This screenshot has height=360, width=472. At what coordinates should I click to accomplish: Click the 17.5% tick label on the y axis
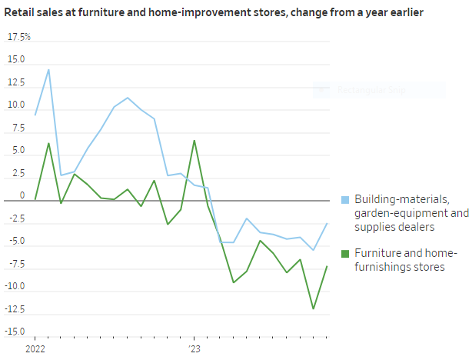point(20,37)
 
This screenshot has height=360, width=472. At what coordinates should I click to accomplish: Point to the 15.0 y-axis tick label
point(16,59)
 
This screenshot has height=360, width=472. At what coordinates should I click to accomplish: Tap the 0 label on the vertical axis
point(22,195)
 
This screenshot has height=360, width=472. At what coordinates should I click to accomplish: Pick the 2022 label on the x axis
point(35,348)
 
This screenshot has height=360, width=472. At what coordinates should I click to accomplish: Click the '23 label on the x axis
point(194,348)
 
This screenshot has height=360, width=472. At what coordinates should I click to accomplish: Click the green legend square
point(345,255)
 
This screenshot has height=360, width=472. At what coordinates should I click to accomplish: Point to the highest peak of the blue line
point(48,70)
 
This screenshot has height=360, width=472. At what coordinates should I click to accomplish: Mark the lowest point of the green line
point(314,308)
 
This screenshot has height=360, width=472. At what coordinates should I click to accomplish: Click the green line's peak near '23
point(194,141)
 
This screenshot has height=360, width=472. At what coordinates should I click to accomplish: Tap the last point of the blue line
point(327,224)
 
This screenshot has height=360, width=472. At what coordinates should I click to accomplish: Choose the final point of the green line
point(327,267)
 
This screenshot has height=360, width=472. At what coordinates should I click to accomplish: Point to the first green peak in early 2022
point(48,143)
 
